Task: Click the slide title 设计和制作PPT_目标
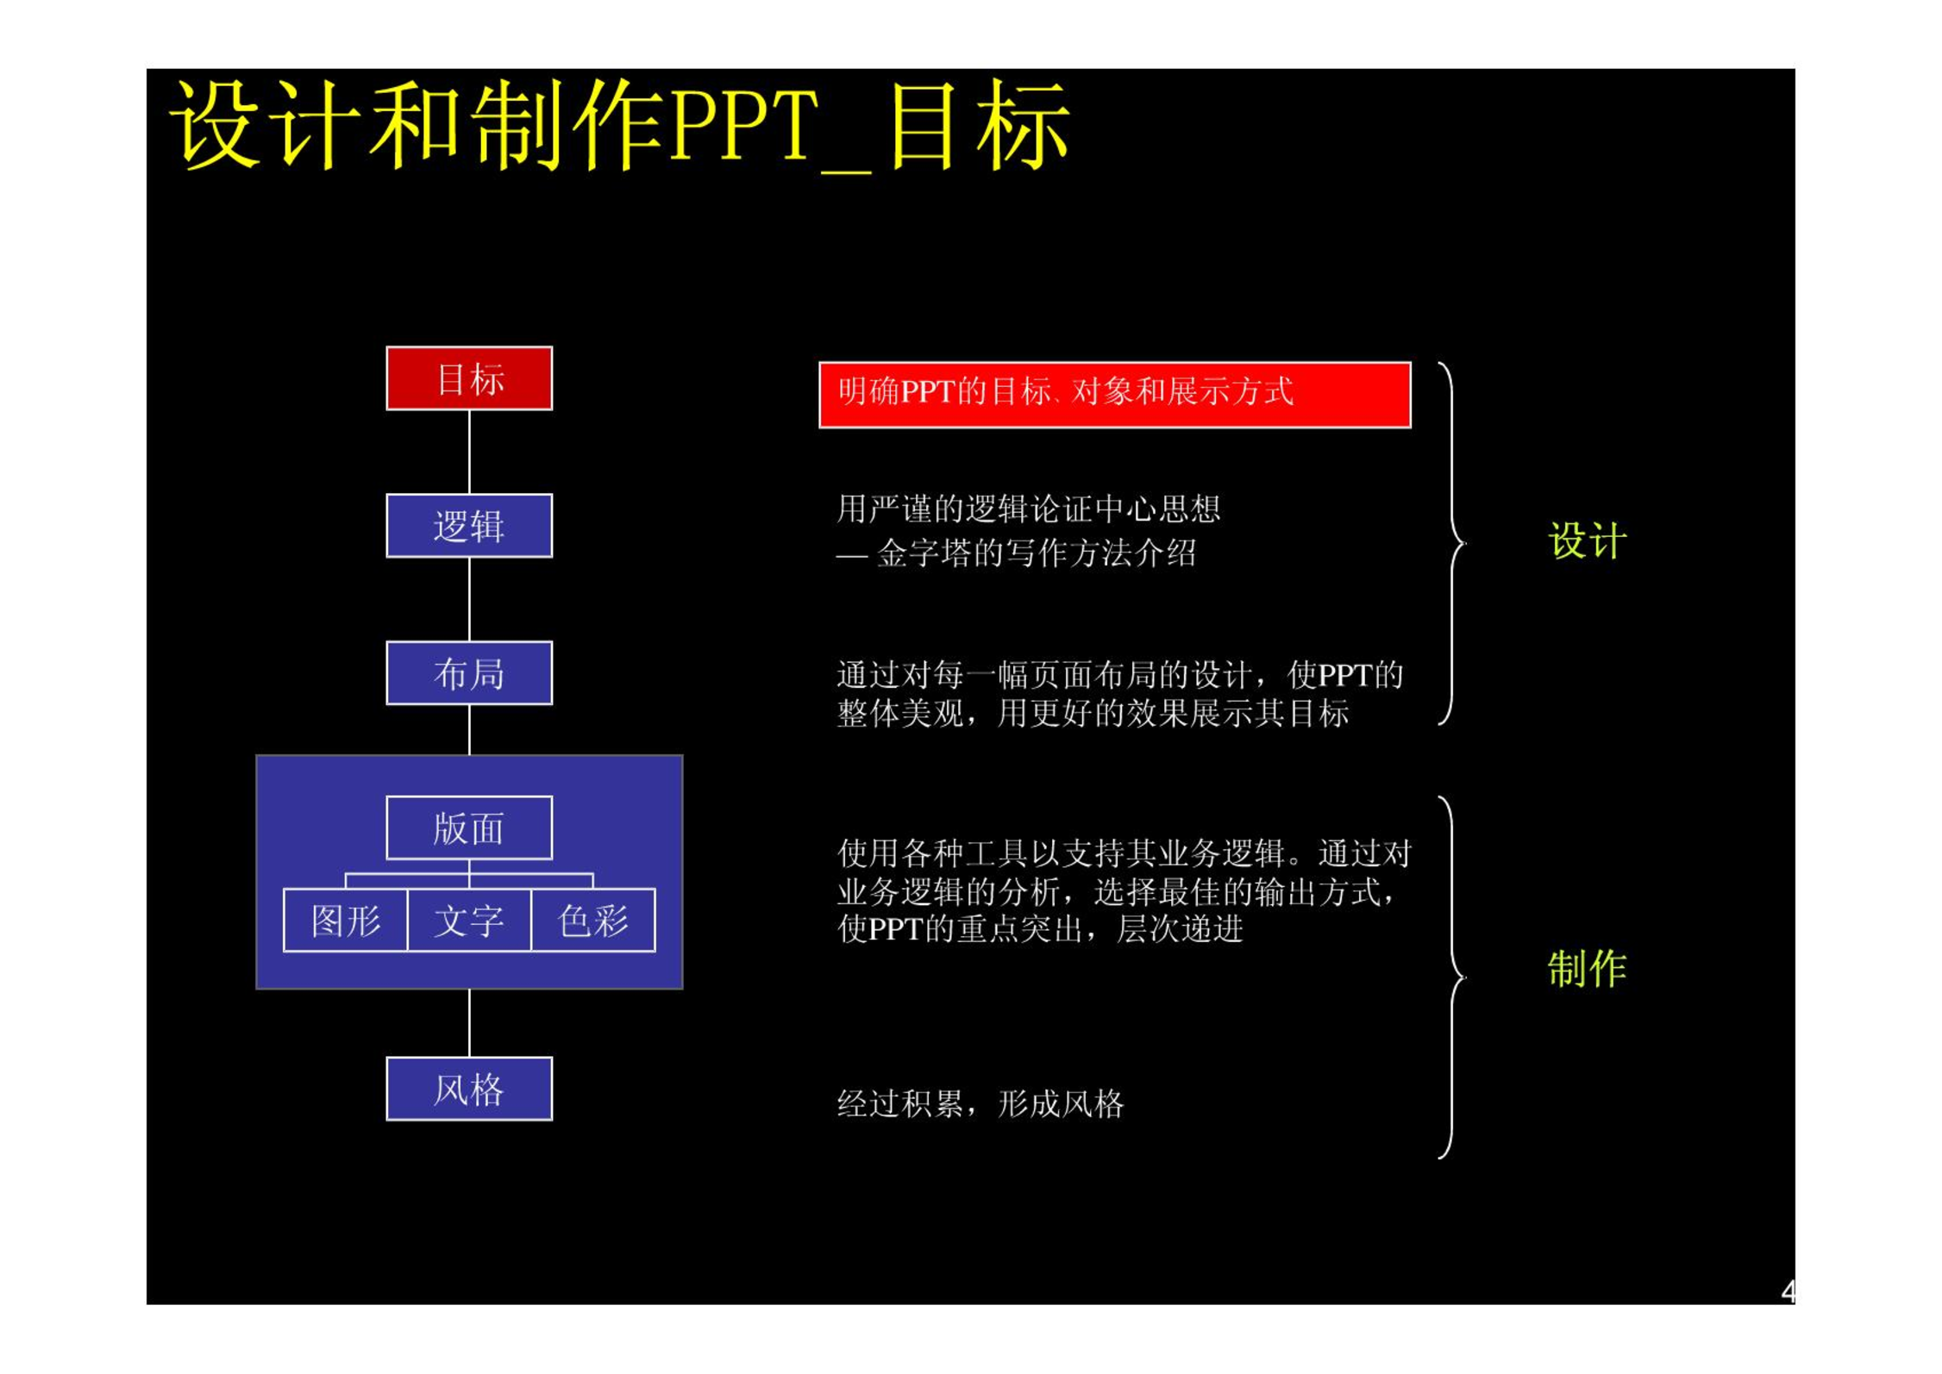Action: pyautogui.click(x=619, y=126)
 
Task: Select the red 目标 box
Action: pyautogui.click(x=469, y=378)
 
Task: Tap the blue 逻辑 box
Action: pyautogui.click(x=469, y=526)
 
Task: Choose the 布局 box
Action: pyautogui.click(x=469, y=673)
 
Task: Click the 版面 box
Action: pyautogui.click(x=469, y=828)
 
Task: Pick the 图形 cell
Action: pyautogui.click(x=346, y=921)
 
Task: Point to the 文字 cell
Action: pyautogui.click(x=469, y=921)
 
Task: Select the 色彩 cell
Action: pyautogui.click(x=593, y=921)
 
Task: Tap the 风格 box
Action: pyautogui.click(x=469, y=1090)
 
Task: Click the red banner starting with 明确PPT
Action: pyautogui.click(x=1114, y=395)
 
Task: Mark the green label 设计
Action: pyautogui.click(x=1588, y=541)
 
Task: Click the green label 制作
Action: pyautogui.click(x=1588, y=968)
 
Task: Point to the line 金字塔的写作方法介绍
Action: pyautogui.click(x=1036, y=553)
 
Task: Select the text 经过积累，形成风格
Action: pyautogui.click(x=980, y=1104)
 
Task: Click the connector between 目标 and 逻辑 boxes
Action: pyautogui.click(x=469, y=452)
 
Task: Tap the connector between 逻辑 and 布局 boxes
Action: pyautogui.click(x=469, y=599)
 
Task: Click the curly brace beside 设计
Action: pyautogui.click(x=1452, y=543)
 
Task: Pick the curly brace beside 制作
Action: pyautogui.click(x=1452, y=977)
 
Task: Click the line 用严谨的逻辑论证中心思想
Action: pyautogui.click(x=1029, y=509)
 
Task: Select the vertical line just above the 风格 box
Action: pyautogui.click(x=469, y=1023)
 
